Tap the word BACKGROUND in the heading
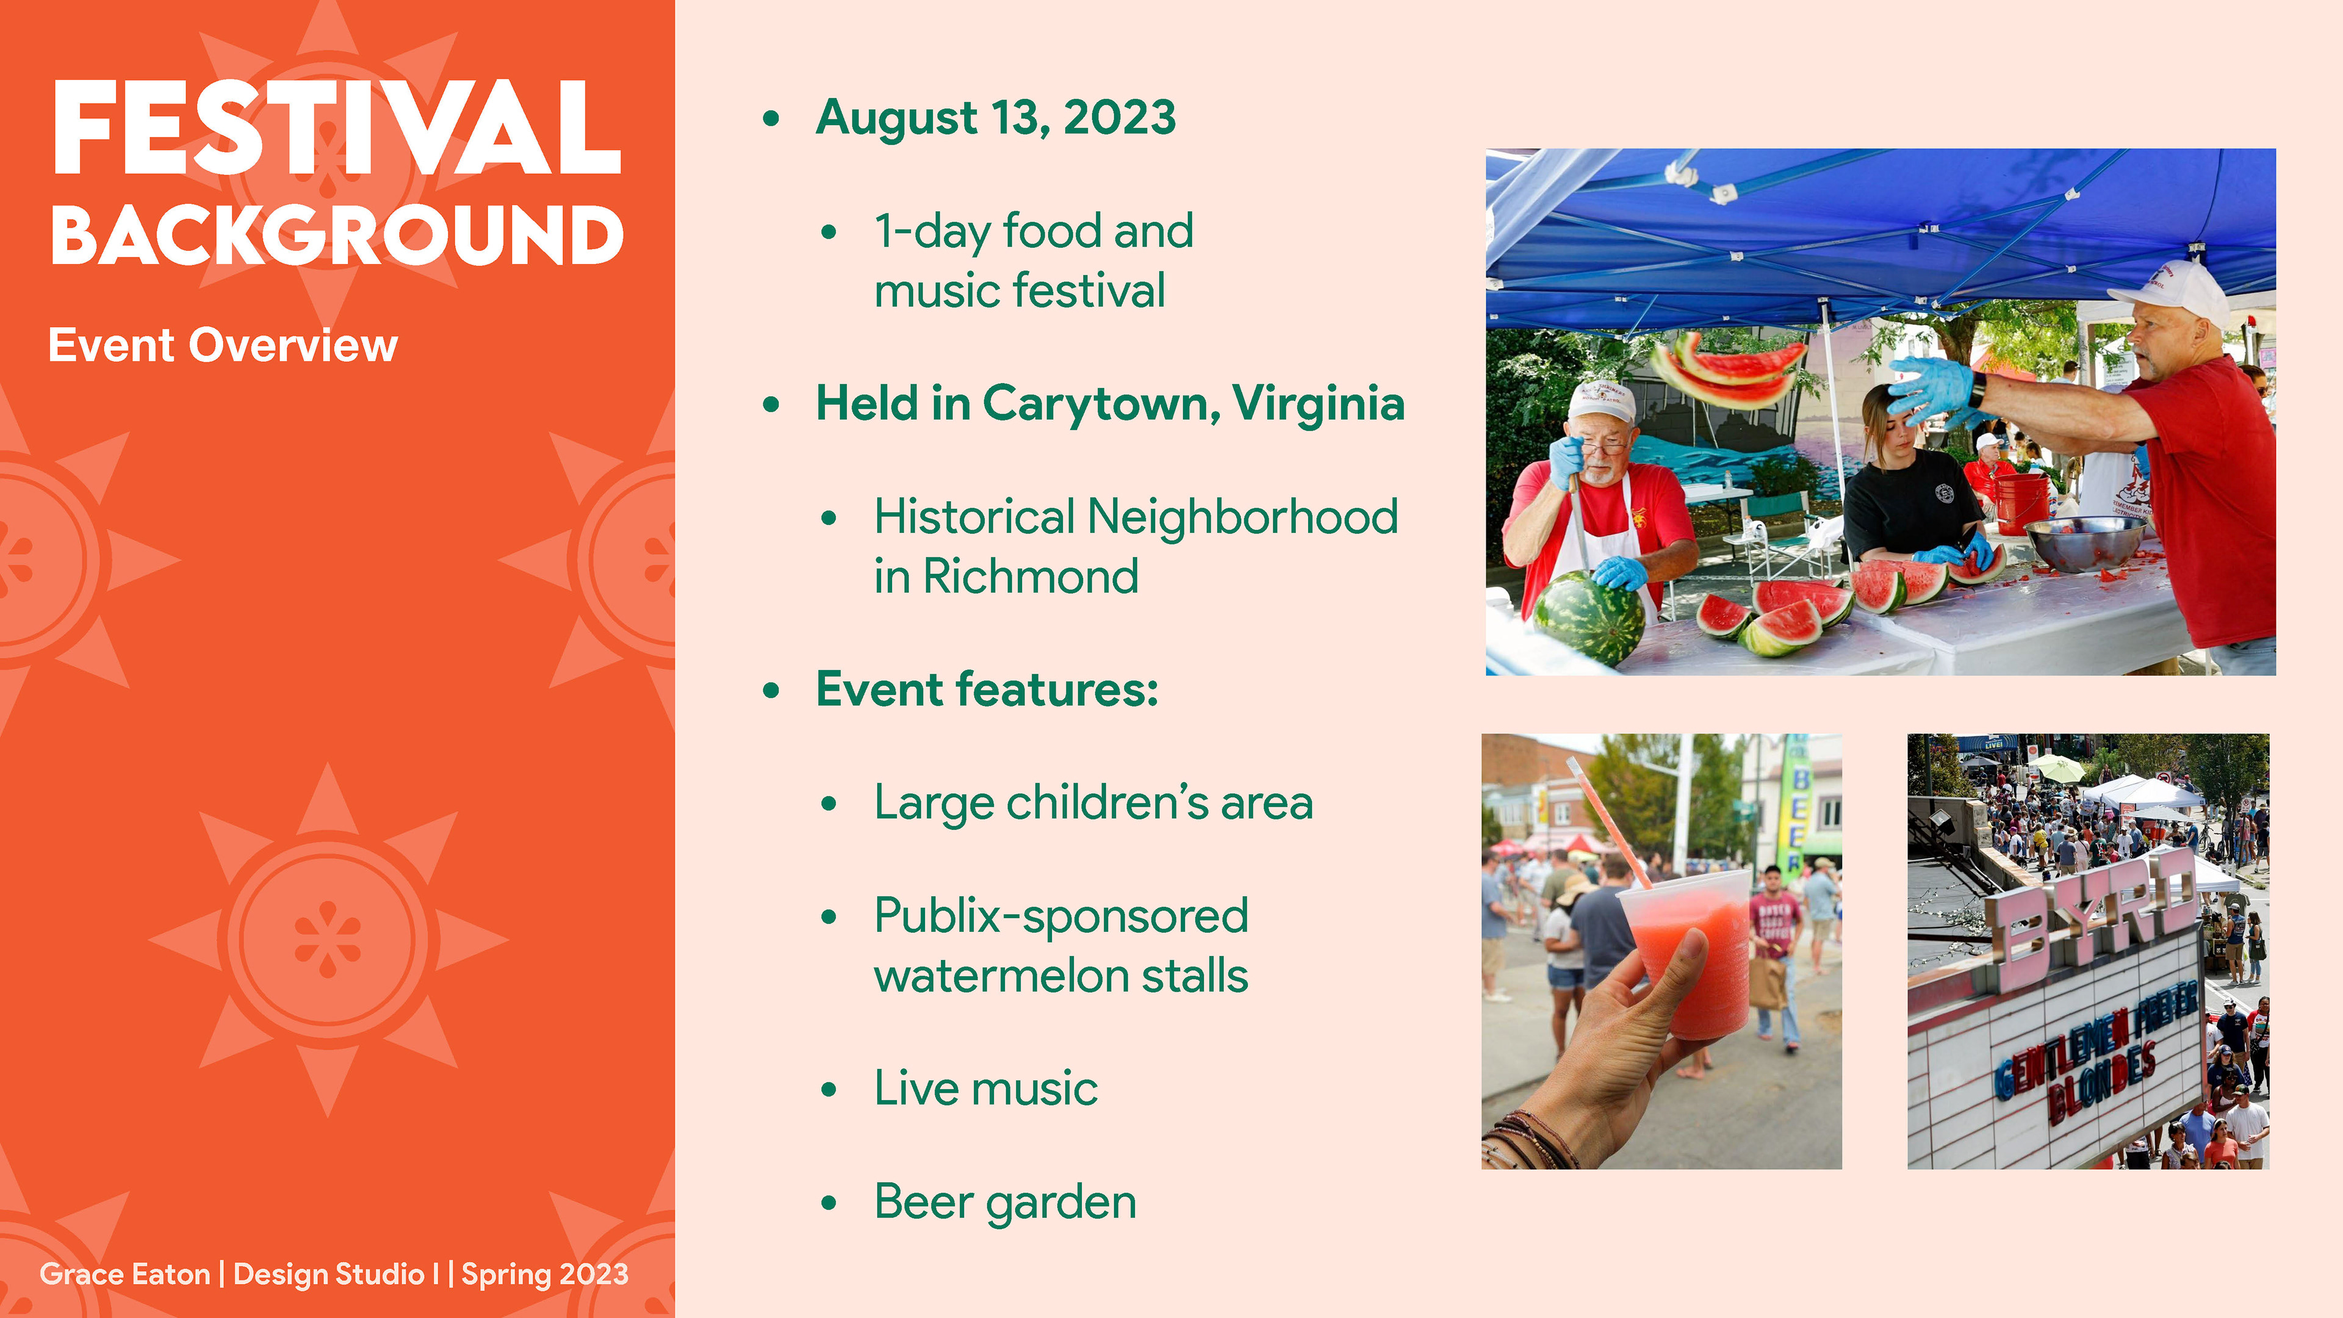click(337, 235)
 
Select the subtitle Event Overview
click(223, 345)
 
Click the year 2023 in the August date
click(1119, 117)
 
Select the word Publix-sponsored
click(1060, 916)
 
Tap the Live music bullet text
click(986, 1088)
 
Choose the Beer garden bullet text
click(1005, 1203)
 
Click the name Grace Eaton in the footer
click(124, 1274)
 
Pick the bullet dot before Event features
click(771, 690)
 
